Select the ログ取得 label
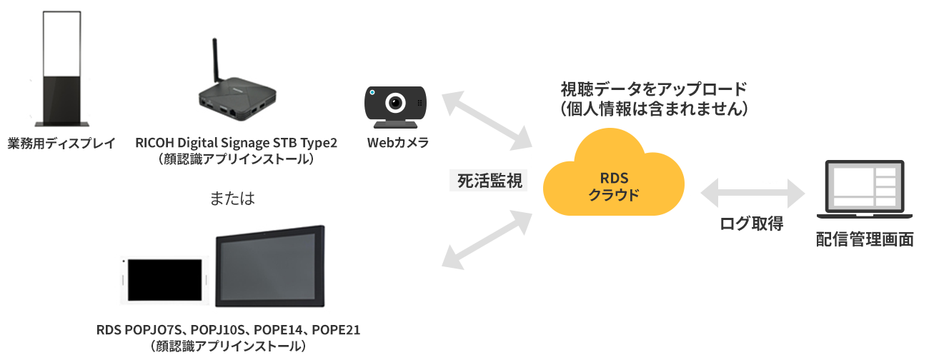click(x=751, y=224)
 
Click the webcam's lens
click(x=395, y=104)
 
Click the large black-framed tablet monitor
click(x=270, y=266)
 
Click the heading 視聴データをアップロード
click(x=653, y=89)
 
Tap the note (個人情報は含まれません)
click(x=653, y=109)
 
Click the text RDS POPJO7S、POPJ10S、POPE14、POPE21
click(x=229, y=330)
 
